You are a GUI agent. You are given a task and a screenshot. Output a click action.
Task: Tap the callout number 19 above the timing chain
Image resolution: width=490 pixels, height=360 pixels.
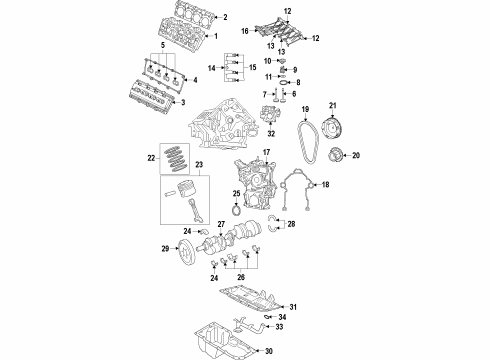point(305,108)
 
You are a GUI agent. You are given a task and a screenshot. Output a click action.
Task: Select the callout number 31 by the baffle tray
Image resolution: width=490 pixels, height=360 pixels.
point(293,307)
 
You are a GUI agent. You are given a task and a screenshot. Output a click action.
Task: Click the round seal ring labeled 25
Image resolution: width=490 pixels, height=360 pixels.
point(233,211)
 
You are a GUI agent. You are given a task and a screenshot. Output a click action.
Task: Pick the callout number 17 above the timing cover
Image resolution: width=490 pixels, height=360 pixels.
point(266,151)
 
